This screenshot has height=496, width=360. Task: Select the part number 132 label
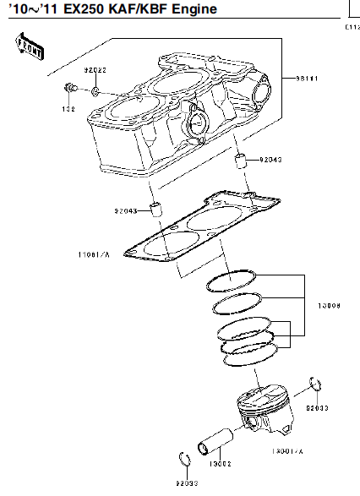point(68,109)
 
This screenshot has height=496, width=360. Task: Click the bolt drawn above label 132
point(71,89)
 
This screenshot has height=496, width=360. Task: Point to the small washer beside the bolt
point(95,90)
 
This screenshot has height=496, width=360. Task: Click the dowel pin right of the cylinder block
point(240,161)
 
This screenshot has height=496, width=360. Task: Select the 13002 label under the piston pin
point(220,463)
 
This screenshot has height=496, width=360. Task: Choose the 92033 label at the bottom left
point(186,484)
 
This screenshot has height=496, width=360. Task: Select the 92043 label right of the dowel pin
point(270,159)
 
